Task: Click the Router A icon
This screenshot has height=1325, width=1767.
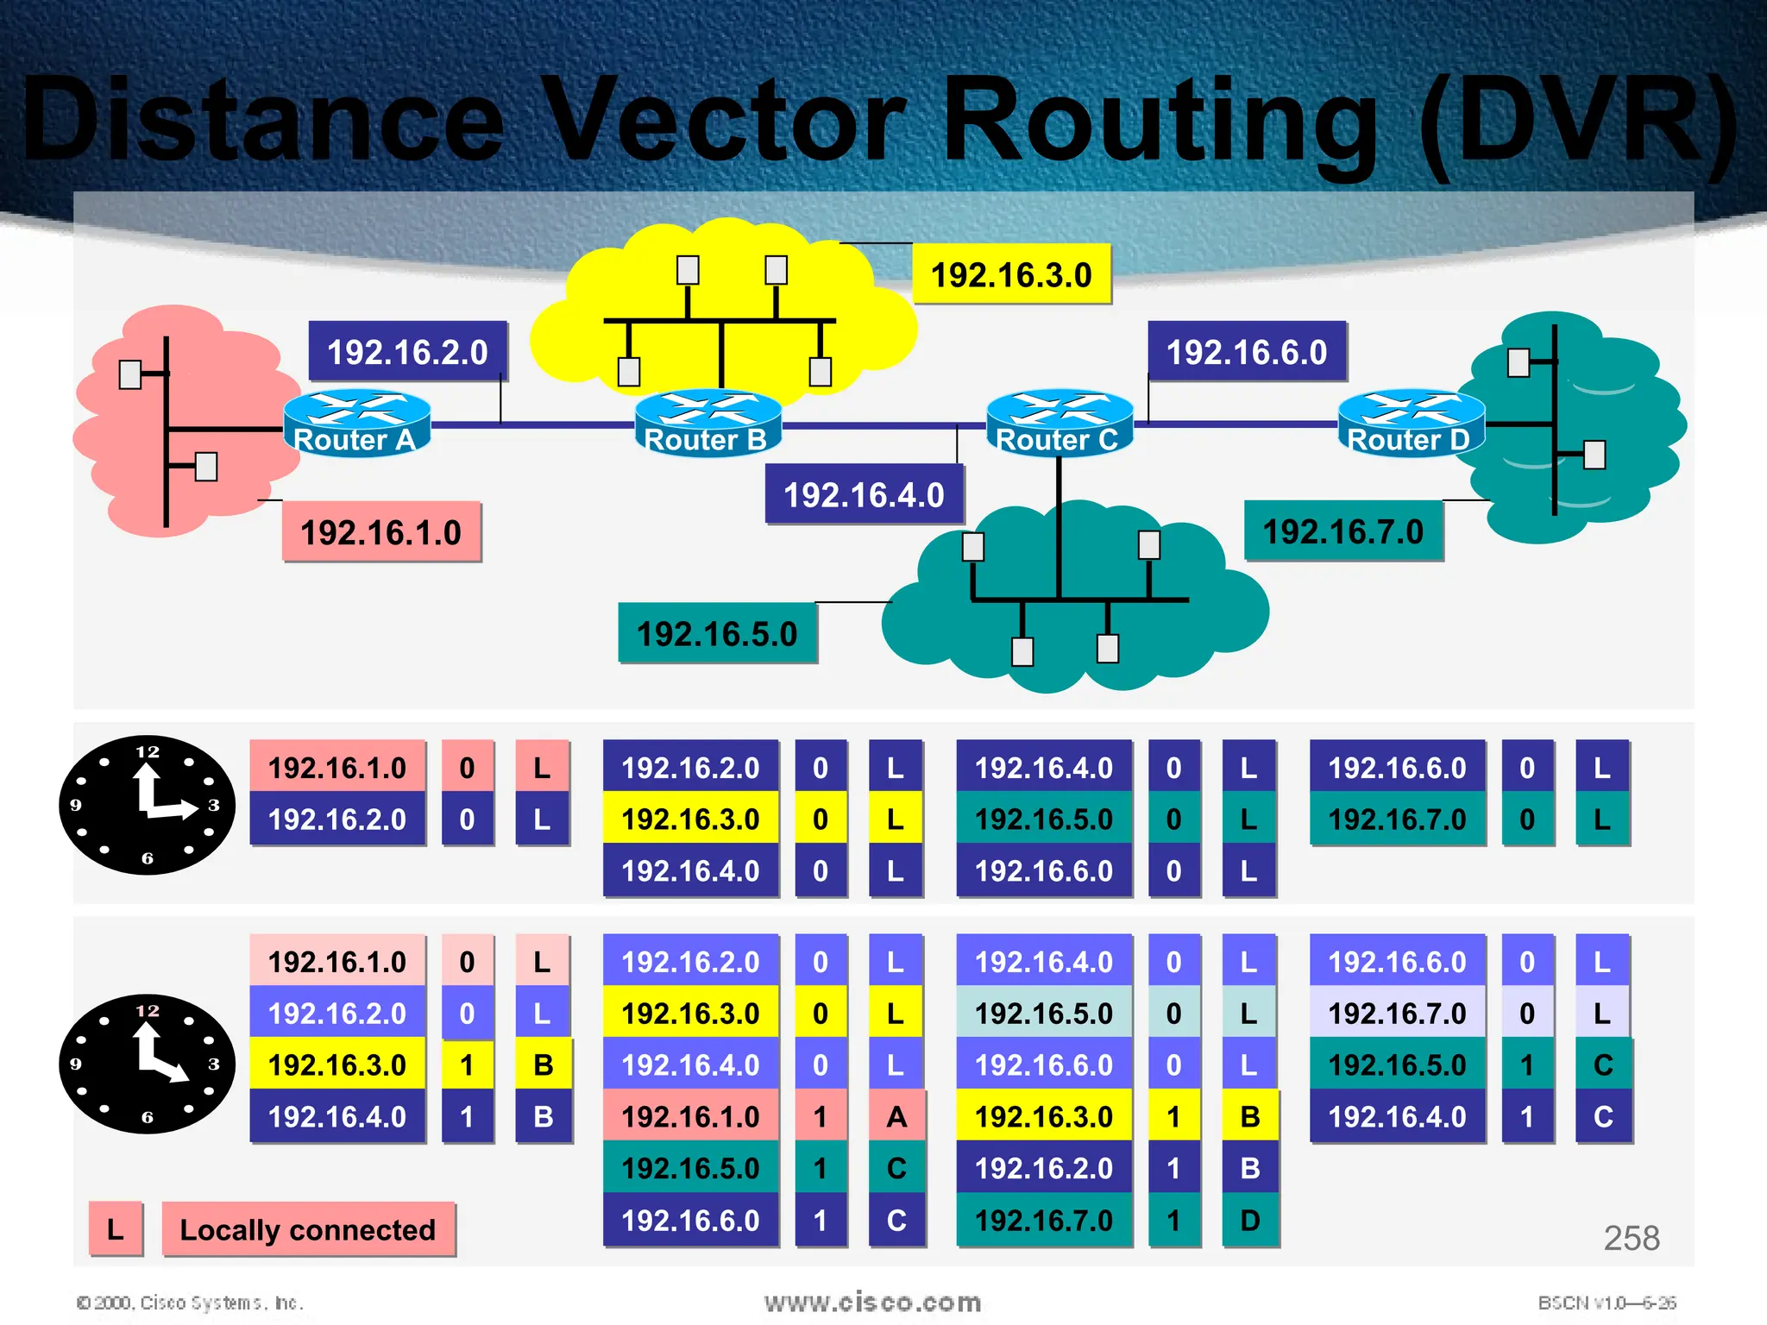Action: pos(356,423)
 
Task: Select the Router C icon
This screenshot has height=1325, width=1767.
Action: pos(1059,423)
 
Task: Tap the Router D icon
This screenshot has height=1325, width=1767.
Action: pos(1410,423)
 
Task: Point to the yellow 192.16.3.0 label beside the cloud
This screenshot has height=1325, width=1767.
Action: pos(1011,275)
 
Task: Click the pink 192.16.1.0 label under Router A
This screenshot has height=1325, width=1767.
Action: pos(381,532)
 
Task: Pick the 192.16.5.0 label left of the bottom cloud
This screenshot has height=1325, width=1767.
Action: pos(717,634)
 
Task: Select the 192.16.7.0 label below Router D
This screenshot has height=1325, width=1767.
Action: pos(1343,531)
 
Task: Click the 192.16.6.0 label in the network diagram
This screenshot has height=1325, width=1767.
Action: pos(1247,352)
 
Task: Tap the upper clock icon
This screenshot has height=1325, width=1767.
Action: pos(147,805)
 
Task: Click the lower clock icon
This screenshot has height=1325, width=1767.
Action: pos(147,1064)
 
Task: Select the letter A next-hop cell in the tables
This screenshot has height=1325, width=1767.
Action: pos(896,1117)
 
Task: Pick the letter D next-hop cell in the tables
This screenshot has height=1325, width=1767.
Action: pos(1249,1221)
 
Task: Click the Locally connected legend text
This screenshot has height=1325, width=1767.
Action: pos(308,1229)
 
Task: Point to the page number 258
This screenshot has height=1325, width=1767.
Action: pos(1631,1239)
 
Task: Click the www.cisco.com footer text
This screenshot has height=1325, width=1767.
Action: pos(872,1303)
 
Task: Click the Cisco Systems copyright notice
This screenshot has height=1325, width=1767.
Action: pos(190,1303)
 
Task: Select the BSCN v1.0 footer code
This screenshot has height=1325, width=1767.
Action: pos(1607,1303)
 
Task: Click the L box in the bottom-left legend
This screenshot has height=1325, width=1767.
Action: pos(115,1229)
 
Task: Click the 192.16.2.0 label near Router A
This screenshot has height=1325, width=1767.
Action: pos(407,352)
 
